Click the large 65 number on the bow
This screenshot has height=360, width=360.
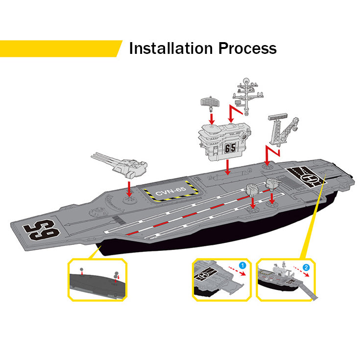point(43,228)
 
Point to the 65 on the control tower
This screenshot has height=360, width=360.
point(231,147)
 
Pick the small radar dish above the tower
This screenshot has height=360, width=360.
point(209,102)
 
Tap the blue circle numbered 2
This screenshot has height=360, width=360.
point(306,267)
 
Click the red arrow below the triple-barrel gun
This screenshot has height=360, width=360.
point(129,188)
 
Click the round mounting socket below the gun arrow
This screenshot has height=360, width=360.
point(129,201)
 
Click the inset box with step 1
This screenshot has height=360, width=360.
point(221,280)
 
